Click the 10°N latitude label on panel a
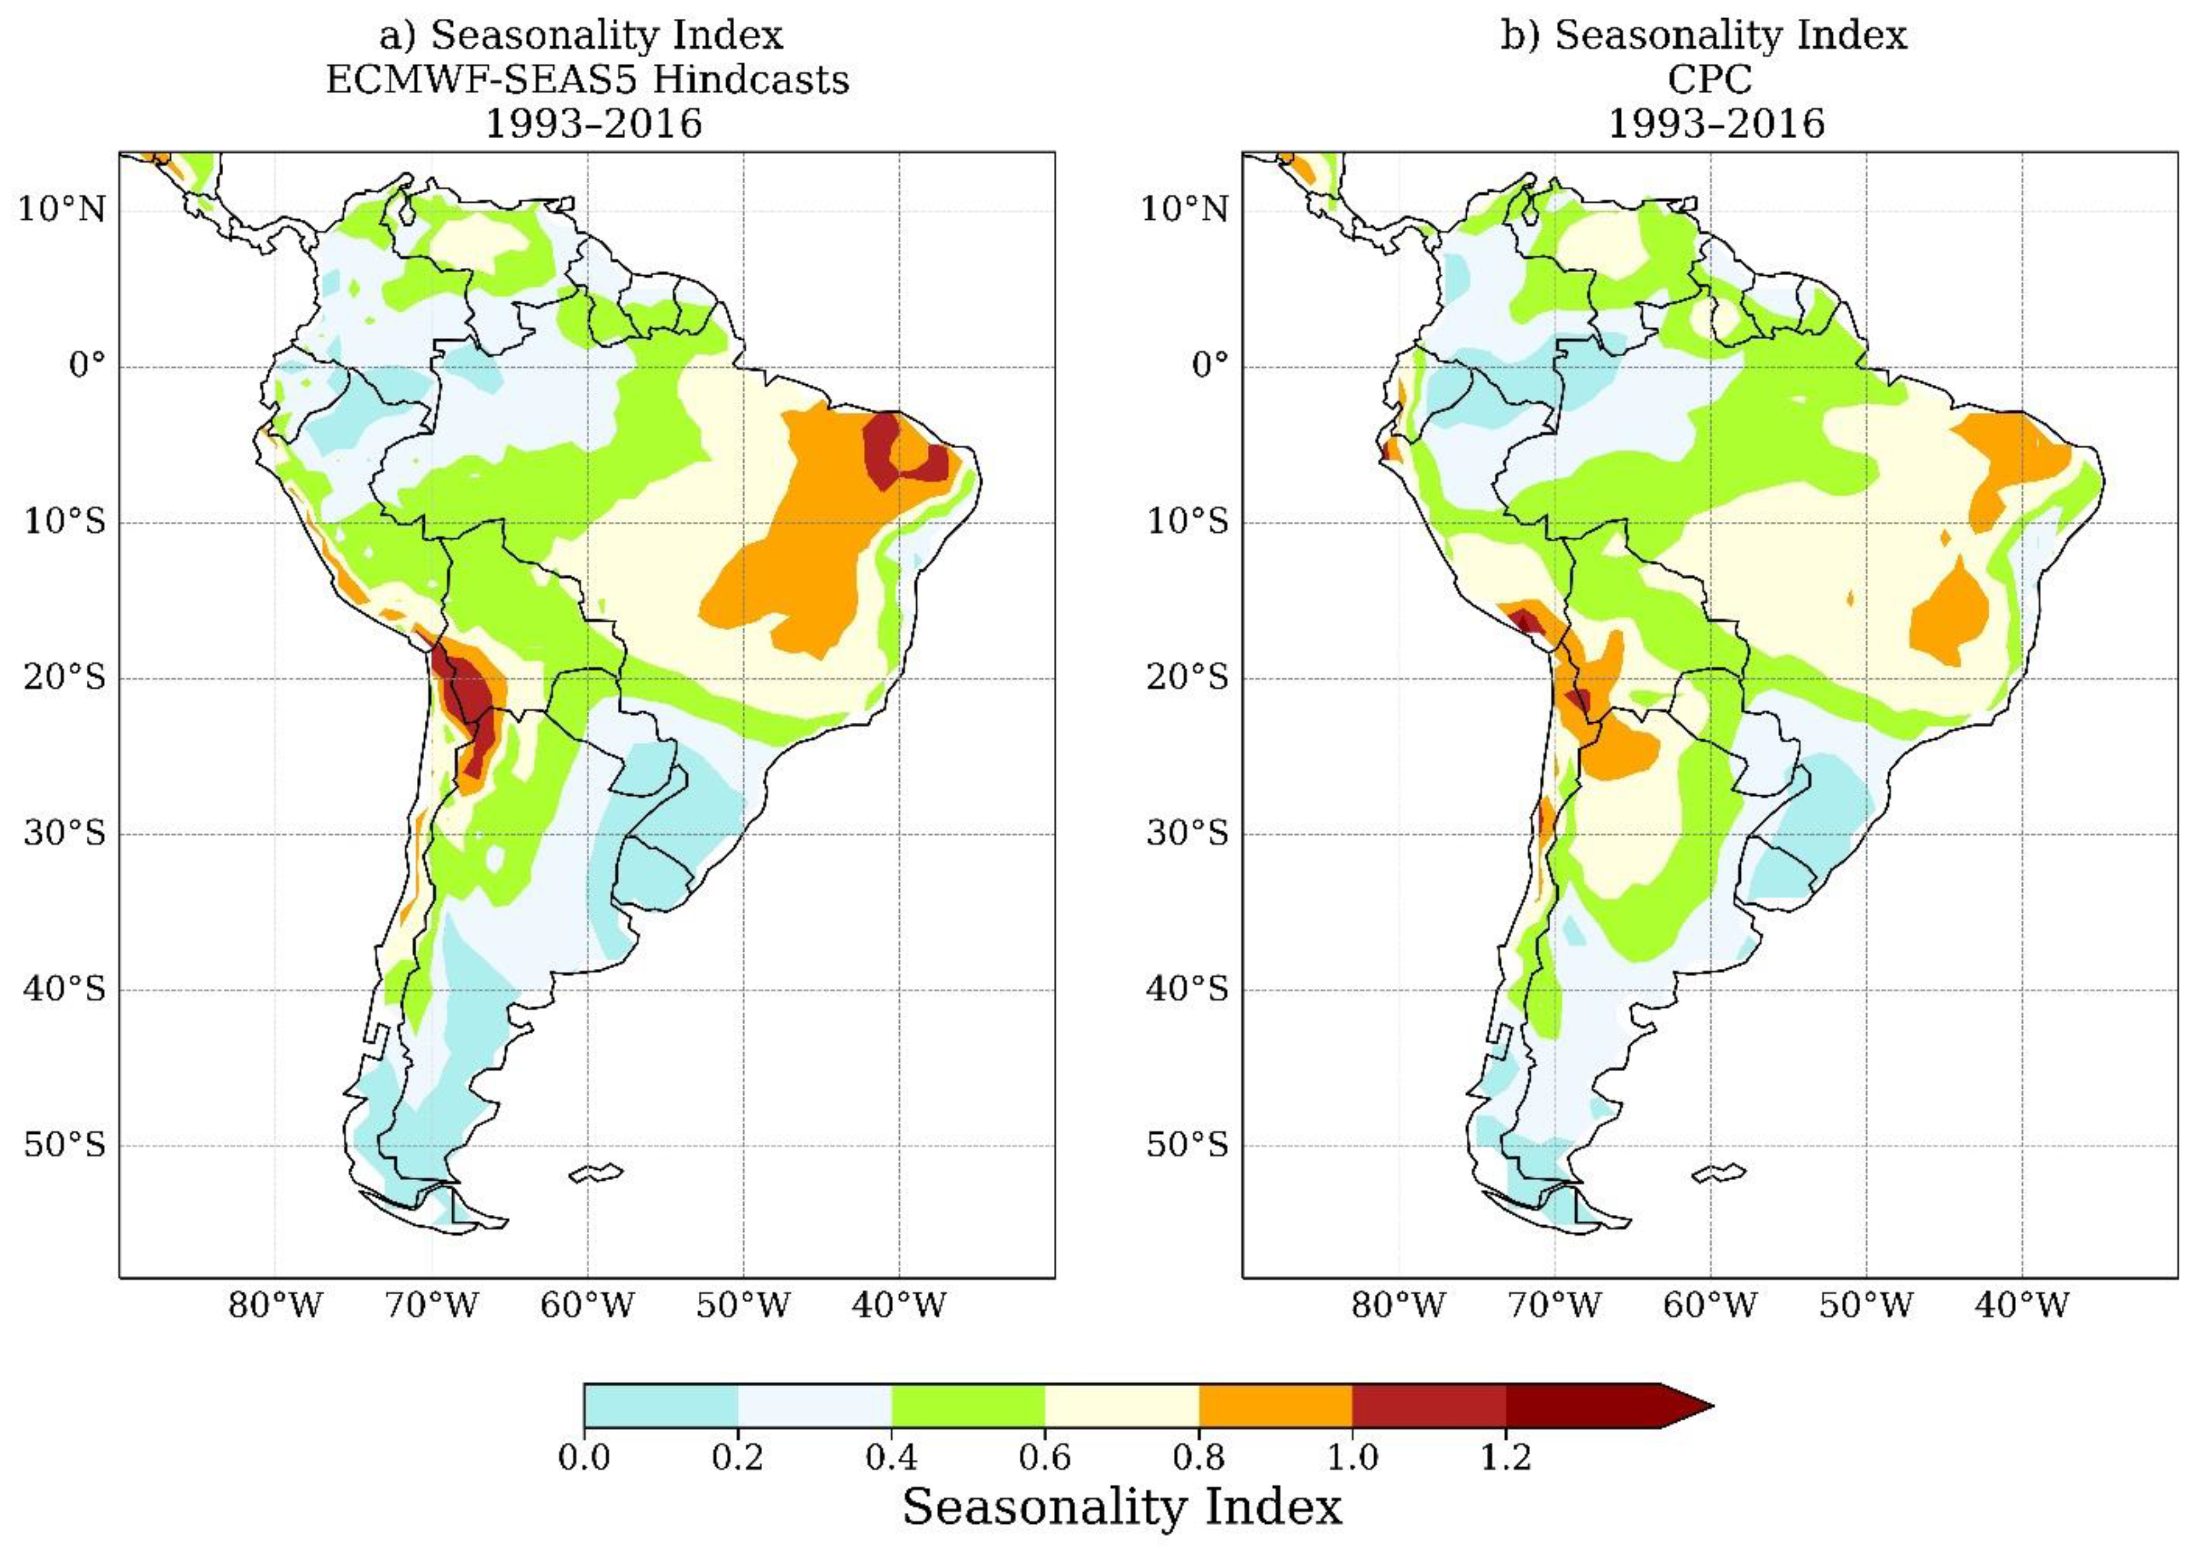pyautogui.click(x=61, y=208)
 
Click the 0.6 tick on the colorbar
pyautogui.click(x=1045, y=1458)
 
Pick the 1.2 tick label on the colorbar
pyautogui.click(x=1506, y=1458)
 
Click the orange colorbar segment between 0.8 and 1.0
pyautogui.click(x=1275, y=1406)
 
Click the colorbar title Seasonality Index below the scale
pyautogui.click(x=1121, y=1507)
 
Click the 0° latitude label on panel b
pyautogui.click(x=1209, y=365)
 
